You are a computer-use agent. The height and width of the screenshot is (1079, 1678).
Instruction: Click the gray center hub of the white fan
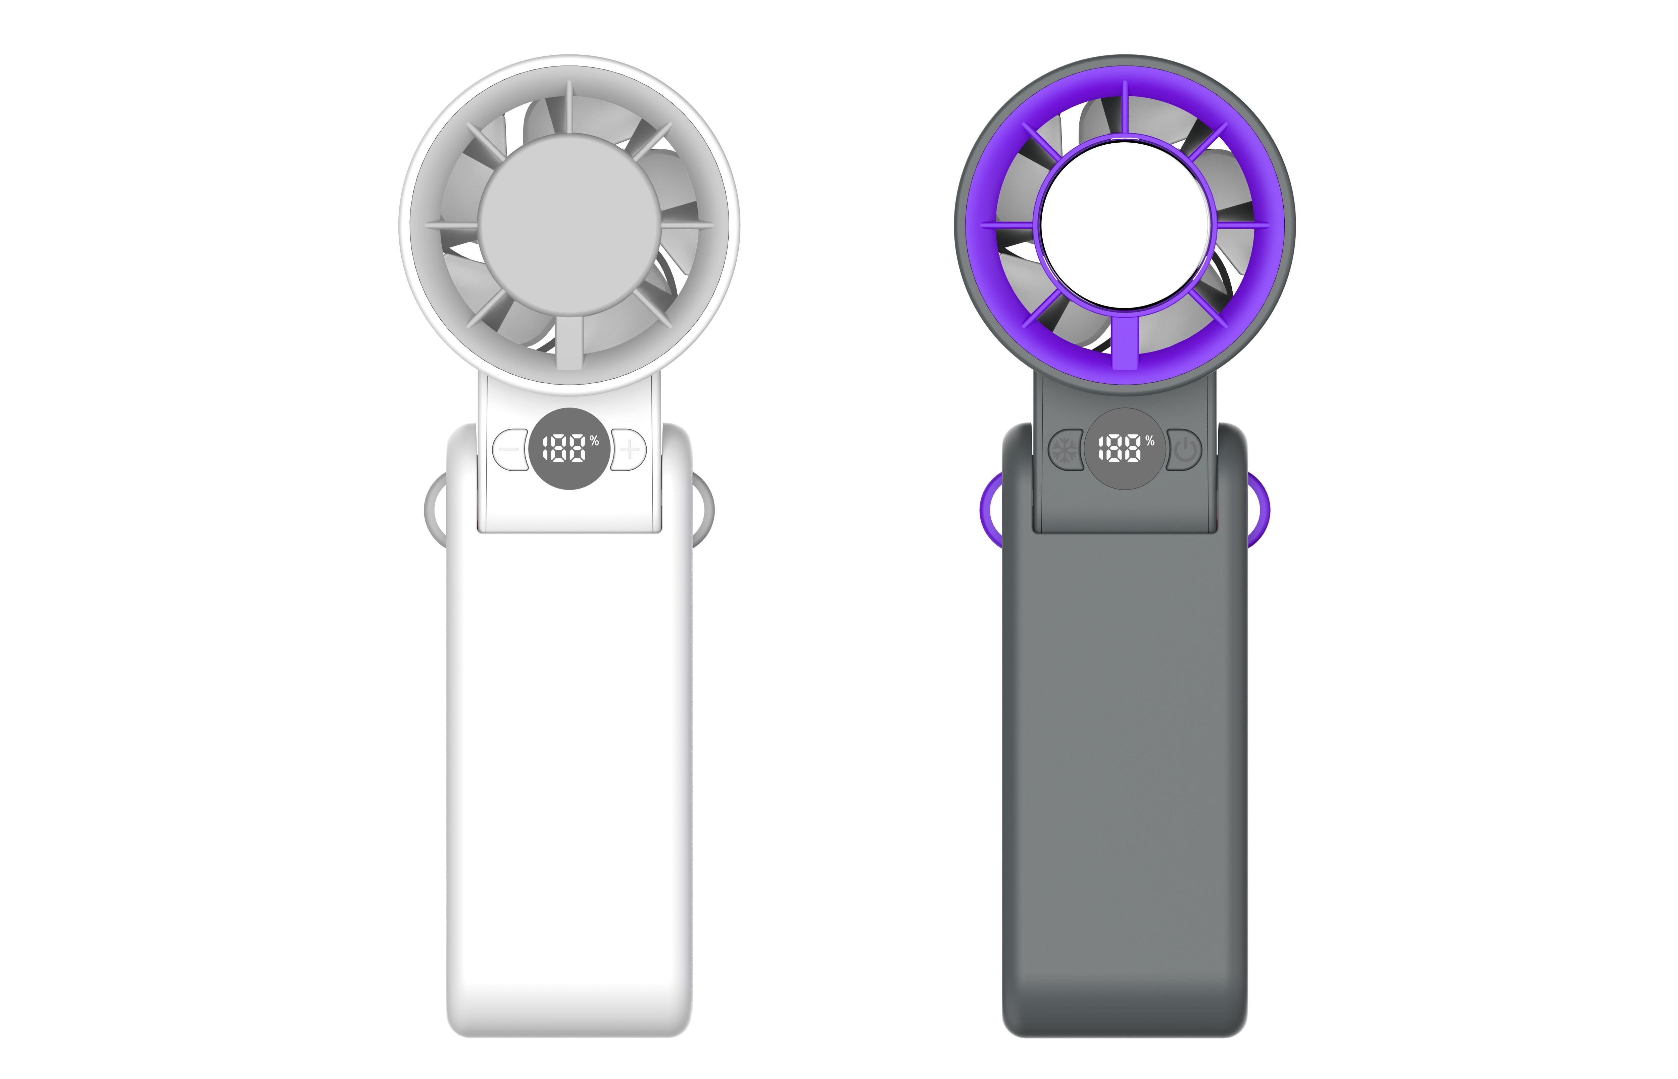tap(570, 224)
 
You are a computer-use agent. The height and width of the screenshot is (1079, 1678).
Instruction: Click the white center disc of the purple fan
tap(1125, 224)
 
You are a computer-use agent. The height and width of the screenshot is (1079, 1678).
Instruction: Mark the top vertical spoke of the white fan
tap(570, 108)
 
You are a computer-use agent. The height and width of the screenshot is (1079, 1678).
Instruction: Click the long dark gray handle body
tap(1125, 771)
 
